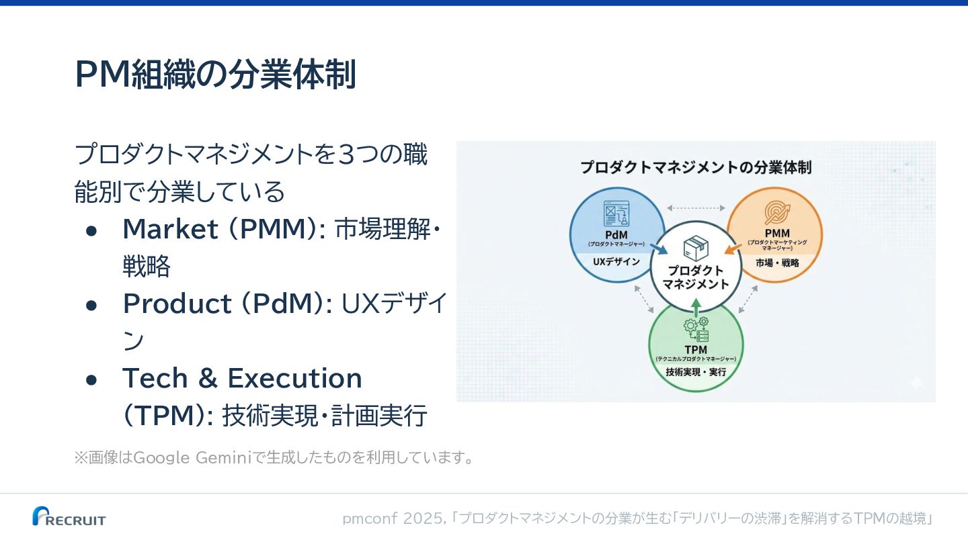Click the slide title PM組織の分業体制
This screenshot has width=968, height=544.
(215, 74)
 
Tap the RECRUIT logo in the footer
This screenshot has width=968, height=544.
(69, 516)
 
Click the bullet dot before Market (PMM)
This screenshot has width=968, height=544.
(92, 230)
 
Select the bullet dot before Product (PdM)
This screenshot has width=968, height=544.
(92, 305)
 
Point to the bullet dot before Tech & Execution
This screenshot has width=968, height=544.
(92, 379)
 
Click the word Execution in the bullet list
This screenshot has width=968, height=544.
(295, 379)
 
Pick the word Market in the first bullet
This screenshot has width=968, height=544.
(170, 230)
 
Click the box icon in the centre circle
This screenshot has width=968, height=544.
(695, 248)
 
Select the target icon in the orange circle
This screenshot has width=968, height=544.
(777, 213)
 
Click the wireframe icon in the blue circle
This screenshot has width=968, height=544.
(616, 214)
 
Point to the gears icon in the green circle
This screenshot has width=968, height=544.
(696, 330)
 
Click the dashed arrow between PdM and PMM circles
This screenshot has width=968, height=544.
(696, 208)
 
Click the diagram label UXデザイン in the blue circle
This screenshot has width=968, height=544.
(616, 262)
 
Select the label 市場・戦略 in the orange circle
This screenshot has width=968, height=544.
(777, 263)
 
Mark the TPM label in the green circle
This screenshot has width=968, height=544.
(696, 350)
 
